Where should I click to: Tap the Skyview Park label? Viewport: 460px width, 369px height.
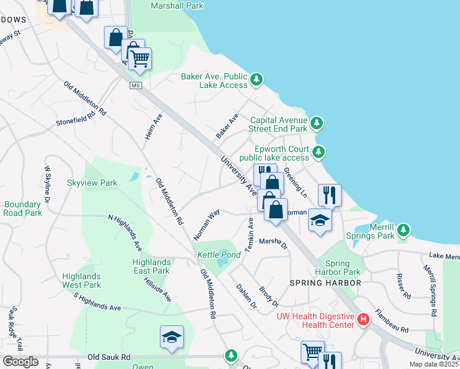tap(92, 183)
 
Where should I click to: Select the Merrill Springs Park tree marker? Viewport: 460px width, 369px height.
tap(403, 230)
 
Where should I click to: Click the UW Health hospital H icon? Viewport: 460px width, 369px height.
tap(363, 320)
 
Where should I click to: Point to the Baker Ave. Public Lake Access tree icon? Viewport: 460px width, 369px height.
tap(256, 79)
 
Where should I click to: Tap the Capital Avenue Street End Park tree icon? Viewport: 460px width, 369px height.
tap(316, 124)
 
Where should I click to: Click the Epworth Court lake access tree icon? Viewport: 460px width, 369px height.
tap(318, 152)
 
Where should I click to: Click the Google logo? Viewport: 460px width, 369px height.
tap(20, 362)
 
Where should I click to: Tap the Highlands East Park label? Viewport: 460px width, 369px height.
tap(151, 266)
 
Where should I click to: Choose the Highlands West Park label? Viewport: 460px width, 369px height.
tap(81, 280)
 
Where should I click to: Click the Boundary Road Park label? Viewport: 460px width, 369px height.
tap(23, 208)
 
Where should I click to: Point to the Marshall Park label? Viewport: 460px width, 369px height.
tap(177, 6)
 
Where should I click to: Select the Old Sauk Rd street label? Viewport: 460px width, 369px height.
tap(109, 357)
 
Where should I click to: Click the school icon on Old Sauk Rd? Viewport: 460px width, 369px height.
tap(172, 337)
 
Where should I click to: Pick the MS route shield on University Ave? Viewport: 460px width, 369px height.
tap(136, 85)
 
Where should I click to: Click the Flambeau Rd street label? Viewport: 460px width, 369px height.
tap(392, 320)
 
